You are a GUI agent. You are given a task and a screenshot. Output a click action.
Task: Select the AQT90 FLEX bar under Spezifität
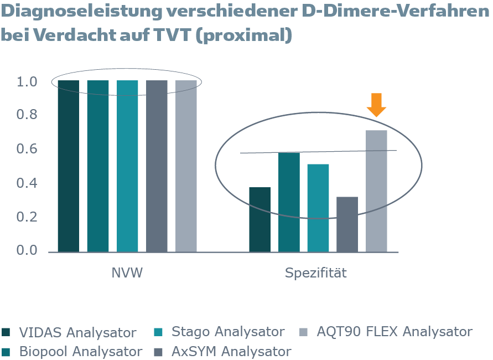tap(376, 191)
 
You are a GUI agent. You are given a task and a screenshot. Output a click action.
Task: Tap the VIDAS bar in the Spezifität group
tap(260, 219)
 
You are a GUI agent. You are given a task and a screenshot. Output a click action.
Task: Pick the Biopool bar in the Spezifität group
tap(289, 202)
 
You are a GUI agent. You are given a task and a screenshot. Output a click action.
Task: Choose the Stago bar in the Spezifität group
tap(318, 208)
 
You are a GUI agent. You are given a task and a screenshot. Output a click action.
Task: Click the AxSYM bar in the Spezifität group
tap(347, 224)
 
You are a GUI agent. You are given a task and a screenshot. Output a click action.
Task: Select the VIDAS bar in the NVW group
tap(68, 166)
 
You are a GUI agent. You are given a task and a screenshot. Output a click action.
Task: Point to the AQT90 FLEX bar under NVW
tap(186, 166)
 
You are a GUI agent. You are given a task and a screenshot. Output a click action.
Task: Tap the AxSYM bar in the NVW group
tap(157, 166)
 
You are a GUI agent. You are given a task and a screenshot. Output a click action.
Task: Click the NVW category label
tap(127, 273)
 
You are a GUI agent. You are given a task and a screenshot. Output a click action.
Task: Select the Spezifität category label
tap(316, 273)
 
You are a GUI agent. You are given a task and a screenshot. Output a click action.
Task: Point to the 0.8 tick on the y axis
tap(27, 115)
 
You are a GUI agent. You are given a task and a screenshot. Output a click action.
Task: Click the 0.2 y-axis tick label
tap(27, 217)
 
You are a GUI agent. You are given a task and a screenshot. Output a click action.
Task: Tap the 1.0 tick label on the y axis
tap(27, 82)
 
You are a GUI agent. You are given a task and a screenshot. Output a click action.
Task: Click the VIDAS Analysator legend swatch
tap(7, 332)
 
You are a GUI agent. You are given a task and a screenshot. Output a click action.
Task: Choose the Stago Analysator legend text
tap(227, 332)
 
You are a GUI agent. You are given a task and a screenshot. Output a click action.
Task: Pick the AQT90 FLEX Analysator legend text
tap(394, 332)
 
